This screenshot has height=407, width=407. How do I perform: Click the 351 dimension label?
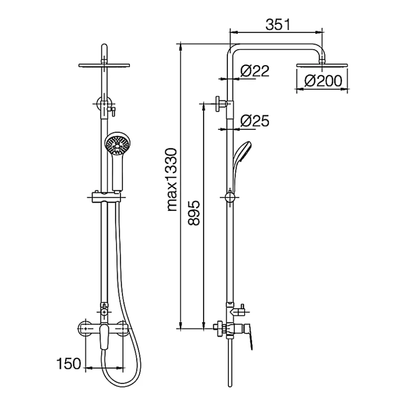pyautogui.click(x=278, y=25)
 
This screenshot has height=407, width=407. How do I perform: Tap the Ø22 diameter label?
pyautogui.click(x=255, y=70)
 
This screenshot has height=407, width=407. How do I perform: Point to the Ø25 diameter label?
pyautogui.click(x=255, y=121)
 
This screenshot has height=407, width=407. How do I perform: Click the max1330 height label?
pyautogui.click(x=172, y=179)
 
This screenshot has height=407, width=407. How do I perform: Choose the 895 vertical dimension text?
pyautogui.click(x=194, y=213)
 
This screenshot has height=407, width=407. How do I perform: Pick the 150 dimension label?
pyautogui.click(x=69, y=363)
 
